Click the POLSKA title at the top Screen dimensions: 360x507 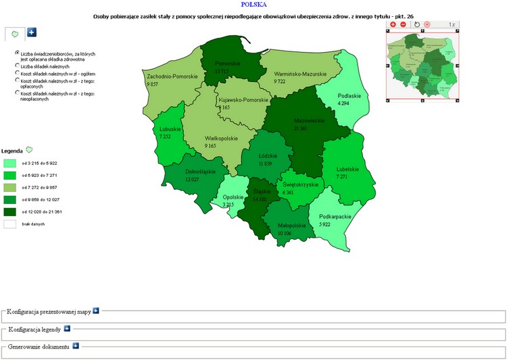point(254,5)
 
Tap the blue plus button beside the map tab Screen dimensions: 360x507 point(32,32)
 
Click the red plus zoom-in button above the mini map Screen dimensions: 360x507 point(393,24)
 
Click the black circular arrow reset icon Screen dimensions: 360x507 point(417,24)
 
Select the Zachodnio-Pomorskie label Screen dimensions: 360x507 point(172,77)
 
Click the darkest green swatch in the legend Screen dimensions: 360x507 point(10,211)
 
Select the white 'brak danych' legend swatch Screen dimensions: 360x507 point(10,224)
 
